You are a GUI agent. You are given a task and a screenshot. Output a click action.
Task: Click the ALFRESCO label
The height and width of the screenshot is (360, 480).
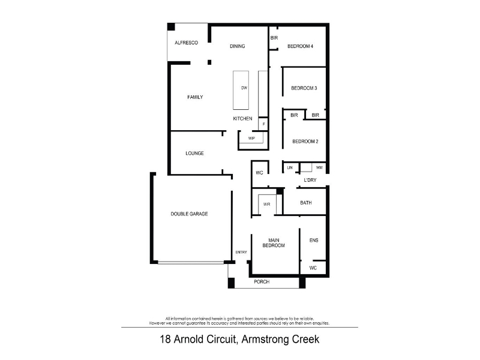[x=186, y=43]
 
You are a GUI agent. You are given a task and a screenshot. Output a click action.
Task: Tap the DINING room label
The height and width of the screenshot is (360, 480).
[x=237, y=46]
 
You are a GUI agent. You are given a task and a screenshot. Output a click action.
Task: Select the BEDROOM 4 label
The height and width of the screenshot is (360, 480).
[x=300, y=46]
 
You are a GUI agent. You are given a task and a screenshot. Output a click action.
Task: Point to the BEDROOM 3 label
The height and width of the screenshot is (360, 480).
[x=304, y=88]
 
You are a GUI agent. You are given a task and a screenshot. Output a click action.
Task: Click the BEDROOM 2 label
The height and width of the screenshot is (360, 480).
[x=305, y=142]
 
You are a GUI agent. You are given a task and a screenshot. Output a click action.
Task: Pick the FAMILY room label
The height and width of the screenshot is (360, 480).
[x=195, y=97]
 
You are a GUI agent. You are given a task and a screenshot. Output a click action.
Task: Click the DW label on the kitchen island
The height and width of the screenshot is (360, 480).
[x=244, y=88]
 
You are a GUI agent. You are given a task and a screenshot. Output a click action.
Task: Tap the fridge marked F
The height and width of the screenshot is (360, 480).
[x=263, y=124]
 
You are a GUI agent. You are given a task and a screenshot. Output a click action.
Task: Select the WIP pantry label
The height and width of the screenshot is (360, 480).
[x=251, y=139]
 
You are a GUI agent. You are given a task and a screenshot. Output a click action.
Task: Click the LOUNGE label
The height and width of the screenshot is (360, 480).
[x=194, y=153]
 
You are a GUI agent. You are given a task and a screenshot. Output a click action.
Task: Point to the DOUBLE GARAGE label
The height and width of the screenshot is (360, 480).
[x=189, y=214]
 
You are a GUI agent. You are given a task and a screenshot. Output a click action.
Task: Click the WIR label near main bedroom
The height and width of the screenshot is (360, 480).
[x=266, y=204]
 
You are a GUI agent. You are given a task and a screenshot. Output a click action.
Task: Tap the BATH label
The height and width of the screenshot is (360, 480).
[x=306, y=203]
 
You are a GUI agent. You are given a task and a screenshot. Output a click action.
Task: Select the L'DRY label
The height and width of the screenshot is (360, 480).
[x=310, y=180]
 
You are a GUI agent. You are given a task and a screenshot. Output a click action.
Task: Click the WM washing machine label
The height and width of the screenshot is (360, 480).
[x=319, y=167]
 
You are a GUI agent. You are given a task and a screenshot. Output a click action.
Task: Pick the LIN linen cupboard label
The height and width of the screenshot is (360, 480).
[x=290, y=167]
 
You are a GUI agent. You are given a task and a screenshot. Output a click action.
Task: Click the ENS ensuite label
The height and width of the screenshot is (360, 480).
[x=314, y=241]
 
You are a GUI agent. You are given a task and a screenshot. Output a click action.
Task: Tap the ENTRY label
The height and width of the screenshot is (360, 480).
[x=241, y=252]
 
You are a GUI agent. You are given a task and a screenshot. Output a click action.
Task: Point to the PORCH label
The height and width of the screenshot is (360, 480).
[x=262, y=281]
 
